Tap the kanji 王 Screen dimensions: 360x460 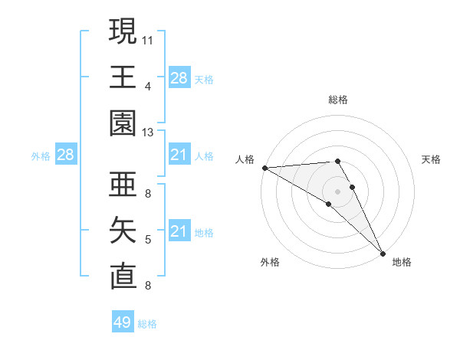(123, 77)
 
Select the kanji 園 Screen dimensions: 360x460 (123, 123)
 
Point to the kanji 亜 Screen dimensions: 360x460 (123, 185)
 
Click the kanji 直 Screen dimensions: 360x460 (123, 277)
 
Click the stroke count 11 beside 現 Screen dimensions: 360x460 (147, 40)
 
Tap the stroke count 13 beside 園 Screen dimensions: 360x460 (147, 133)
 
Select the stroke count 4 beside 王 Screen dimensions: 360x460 (147, 87)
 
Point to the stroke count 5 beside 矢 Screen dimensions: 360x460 (147, 241)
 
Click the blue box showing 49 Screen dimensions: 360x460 (123, 322)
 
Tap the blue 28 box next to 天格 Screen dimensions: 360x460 (179, 78)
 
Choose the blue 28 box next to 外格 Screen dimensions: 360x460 (66, 155)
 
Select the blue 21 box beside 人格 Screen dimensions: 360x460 (179, 155)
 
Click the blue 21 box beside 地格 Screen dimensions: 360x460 (179, 232)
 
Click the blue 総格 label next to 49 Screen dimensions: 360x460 (148, 324)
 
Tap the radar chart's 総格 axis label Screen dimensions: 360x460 (338, 100)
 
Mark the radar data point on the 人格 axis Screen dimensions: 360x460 (264, 168)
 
